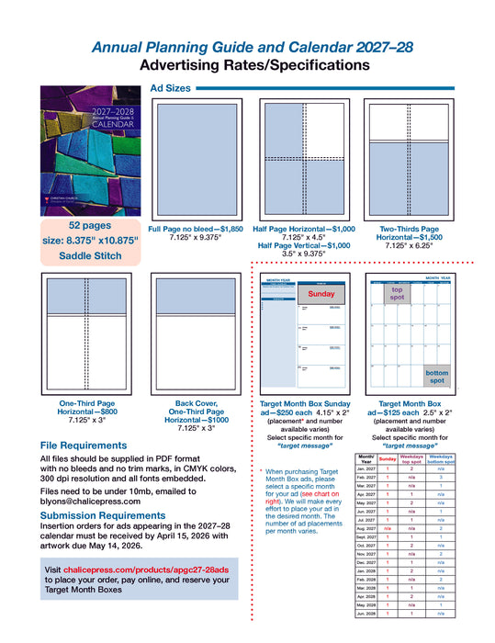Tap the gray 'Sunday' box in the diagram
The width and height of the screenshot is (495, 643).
(321, 294)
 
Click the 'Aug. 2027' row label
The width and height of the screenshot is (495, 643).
(366, 529)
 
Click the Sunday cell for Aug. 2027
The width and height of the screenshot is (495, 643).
(388, 529)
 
